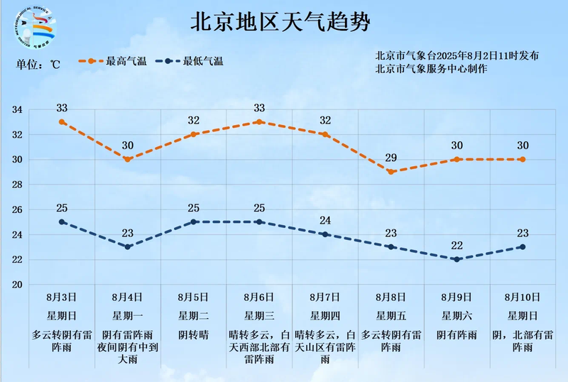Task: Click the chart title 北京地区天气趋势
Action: click(x=280, y=22)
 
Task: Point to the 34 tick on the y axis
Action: click(x=18, y=110)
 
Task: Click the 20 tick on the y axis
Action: click(x=18, y=285)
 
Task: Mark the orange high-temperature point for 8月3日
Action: click(x=62, y=122)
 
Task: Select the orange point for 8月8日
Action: click(x=390, y=172)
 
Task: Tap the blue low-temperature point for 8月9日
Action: click(x=457, y=259)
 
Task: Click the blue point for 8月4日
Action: click(x=128, y=247)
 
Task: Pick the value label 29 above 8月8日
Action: click(x=390, y=158)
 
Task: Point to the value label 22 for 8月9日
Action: click(x=457, y=246)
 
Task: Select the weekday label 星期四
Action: click(x=324, y=316)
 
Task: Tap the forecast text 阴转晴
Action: click(x=193, y=334)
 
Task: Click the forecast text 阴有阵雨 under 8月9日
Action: click(x=457, y=334)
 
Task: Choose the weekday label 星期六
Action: click(x=457, y=316)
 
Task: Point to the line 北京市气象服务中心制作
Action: click(x=432, y=70)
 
